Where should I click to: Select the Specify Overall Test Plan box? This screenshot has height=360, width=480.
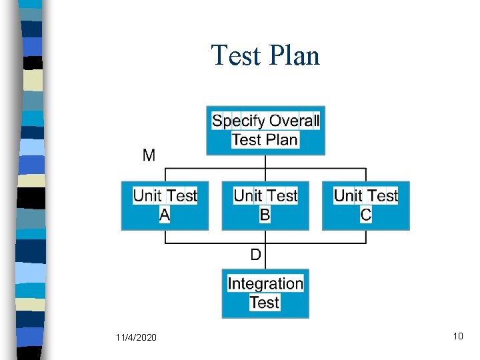point(265,131)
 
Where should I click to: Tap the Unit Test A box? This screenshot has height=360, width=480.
point(165,205)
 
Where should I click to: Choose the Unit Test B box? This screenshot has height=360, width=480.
point(265,205)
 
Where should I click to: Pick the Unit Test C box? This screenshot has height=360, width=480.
point(366,205)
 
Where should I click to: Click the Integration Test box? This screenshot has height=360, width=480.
point(265,293)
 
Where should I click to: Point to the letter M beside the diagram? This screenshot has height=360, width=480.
point(149,156)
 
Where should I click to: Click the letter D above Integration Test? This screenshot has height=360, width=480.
point(256,254)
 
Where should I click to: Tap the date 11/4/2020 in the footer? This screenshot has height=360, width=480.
point(136,338)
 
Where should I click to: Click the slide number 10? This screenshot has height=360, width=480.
point(457,336)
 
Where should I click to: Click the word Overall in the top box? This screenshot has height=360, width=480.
point(294,121)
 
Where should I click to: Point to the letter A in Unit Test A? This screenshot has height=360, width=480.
point(165,215)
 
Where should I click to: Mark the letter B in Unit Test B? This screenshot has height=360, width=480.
point(265,215)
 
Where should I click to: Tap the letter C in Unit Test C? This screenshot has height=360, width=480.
point(366,215)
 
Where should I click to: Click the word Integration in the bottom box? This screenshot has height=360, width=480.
point(265,284)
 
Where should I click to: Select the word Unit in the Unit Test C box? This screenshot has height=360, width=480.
point(348,196)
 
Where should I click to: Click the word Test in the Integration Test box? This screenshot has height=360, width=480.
point(265,303)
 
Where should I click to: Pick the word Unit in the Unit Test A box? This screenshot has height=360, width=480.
point(147,196)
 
